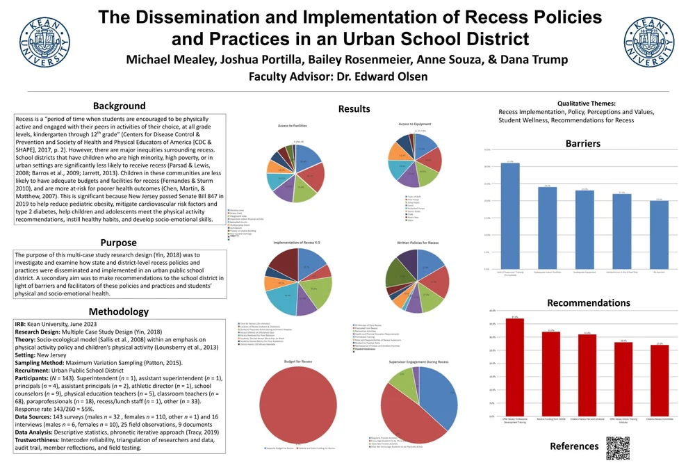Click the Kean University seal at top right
(x=649, y=38)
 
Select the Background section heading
(x=120, y=106)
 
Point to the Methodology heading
(x=118, y=311)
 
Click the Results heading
(x=354, y=108)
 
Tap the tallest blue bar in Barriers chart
(x=510, y=216)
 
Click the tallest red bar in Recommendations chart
(x=515, y=360)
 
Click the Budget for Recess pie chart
(x=297, y=404)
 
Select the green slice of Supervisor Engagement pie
(x=402, y=381)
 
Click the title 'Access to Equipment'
(x=414, y=124)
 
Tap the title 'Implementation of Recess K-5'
(x=297, y=243)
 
